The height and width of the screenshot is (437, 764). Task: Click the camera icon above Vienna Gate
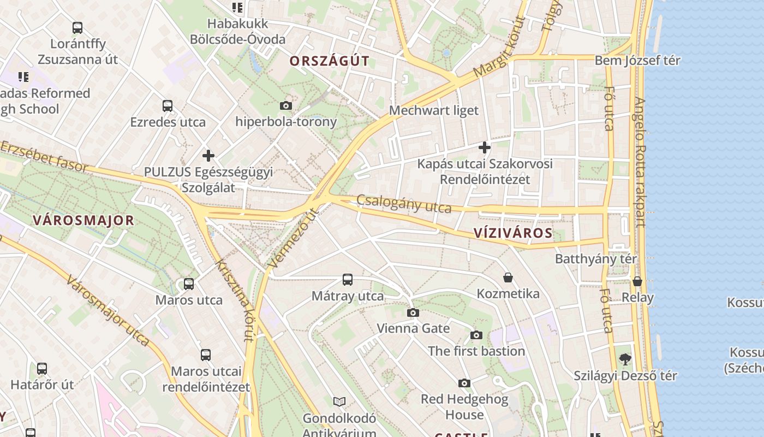tap(413, 313)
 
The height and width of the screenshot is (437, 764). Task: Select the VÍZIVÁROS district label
tap(513, 233)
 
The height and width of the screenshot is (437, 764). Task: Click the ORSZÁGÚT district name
tap(330, 61)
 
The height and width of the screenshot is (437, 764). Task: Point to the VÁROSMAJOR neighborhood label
tap(83, 221)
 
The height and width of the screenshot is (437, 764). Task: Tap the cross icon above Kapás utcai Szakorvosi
tap(484, 147)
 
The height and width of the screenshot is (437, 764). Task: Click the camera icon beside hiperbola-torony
tap(285, 105)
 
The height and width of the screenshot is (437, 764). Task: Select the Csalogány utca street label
tap(404, 204)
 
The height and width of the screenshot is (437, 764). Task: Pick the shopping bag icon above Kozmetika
tap(508, 277)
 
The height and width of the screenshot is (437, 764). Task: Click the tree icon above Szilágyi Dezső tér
tap(625, 359)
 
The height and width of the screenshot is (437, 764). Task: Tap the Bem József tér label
tap(637, 60)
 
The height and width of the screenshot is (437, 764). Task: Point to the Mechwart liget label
tap(433, 110)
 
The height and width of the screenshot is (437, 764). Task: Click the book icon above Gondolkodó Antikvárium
tap(339, 402)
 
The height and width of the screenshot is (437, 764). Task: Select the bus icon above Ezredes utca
tap(168, 106)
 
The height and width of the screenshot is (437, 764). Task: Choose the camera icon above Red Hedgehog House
tap(464, 383)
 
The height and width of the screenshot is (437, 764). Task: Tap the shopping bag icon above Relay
tap(637, 281)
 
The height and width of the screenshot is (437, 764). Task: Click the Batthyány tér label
tap(596, 258)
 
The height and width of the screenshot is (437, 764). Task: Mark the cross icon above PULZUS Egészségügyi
tap(208, 156)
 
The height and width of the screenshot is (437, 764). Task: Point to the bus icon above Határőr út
tap(42, 369)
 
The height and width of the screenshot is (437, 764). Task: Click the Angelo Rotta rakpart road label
tap(640, 162)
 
